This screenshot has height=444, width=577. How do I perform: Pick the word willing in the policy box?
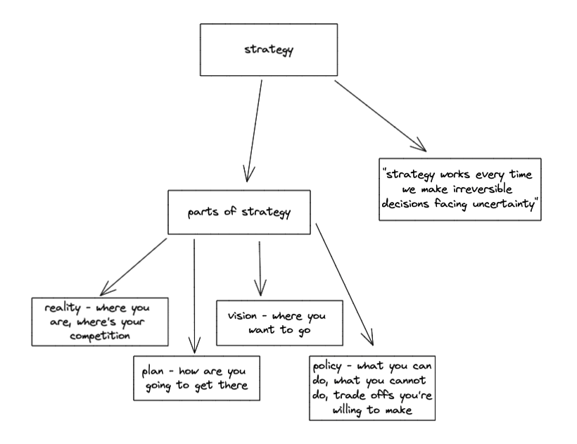(348, 409)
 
